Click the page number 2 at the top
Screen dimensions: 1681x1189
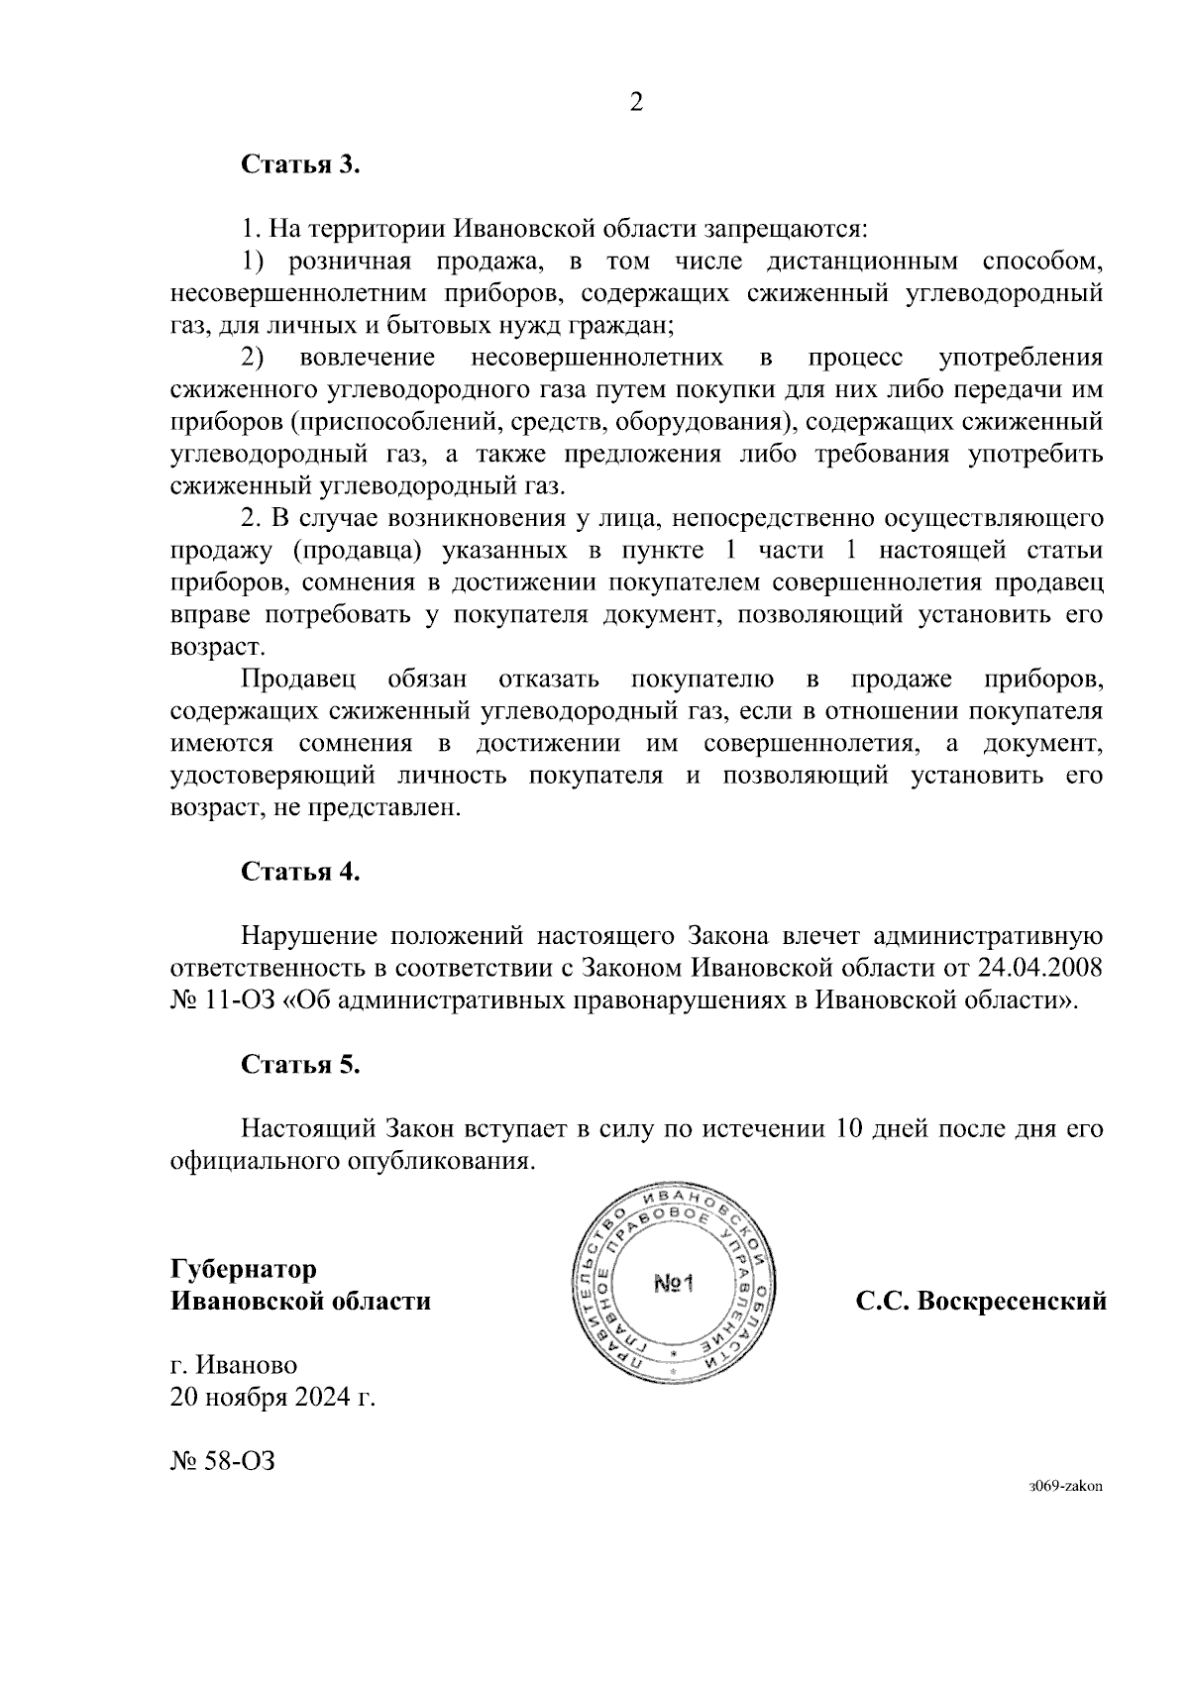636,102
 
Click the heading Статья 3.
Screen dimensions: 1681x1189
300,164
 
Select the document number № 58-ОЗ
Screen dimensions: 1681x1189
223,1459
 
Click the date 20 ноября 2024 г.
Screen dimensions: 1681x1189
273,1397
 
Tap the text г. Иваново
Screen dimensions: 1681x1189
234,1365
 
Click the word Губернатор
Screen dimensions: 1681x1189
244,1269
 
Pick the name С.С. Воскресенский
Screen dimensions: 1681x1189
981,1301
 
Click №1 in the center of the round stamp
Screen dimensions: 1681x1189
676,1286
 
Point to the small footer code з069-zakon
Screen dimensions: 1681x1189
1065,1486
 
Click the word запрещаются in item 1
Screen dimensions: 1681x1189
786,229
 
